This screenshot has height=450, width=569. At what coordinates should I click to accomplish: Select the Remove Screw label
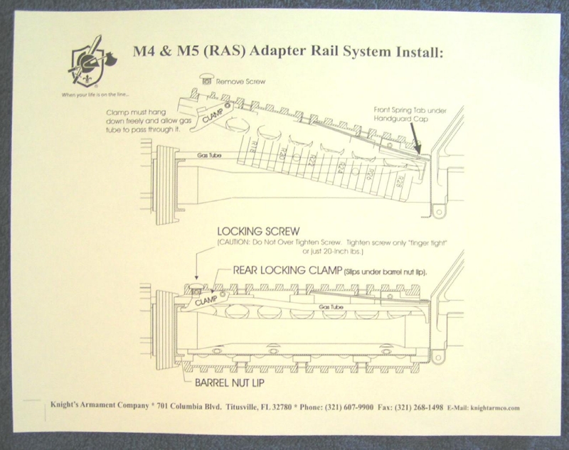(241, 82)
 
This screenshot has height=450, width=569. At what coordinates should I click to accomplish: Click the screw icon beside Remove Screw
(207, 80)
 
